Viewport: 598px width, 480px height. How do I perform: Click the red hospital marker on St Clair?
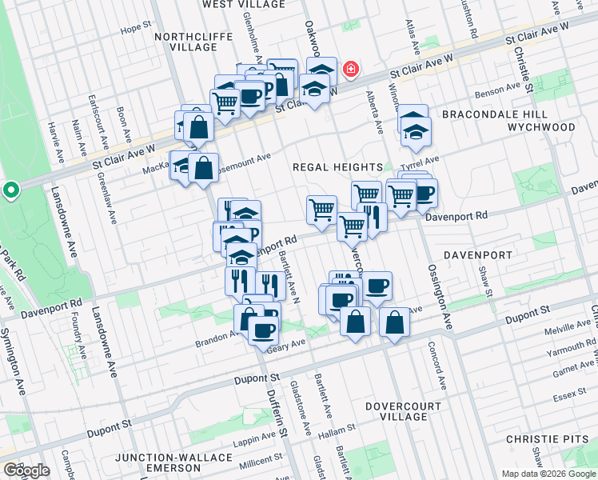tap(350, 71)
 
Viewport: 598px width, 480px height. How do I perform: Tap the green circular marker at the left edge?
tap(10, 191)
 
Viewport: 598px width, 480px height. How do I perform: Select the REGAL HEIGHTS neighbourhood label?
tap(337, 167)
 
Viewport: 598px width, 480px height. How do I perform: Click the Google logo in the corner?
tap(26, 470)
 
